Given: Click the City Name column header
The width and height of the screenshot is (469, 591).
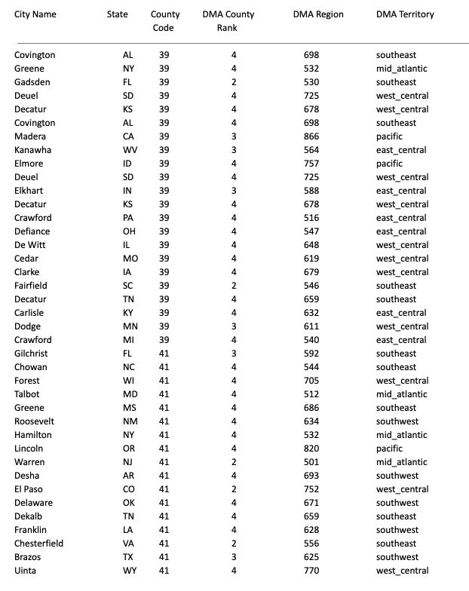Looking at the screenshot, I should [x=35, y=14].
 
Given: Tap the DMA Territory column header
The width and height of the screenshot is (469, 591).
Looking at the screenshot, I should [x=405, y=14].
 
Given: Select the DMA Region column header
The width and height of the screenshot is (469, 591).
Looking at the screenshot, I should [x=318, y=14].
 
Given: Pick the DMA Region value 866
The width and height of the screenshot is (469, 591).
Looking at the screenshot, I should [x=311, y=136].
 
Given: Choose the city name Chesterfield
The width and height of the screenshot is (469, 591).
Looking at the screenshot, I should [x=39, y=544].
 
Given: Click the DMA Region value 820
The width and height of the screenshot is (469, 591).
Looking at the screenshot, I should [x=311, y=449].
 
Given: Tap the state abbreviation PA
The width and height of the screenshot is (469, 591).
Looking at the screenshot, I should [x=128, y=218].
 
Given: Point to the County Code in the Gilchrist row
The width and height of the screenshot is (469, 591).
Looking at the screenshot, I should [x=164, y=354].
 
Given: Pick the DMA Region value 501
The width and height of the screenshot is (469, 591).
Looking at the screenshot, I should [x=311, y=462].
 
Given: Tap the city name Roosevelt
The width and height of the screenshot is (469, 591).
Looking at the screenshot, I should [x=34, y=421].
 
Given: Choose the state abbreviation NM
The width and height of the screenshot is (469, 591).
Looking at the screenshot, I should [x=128, y=421].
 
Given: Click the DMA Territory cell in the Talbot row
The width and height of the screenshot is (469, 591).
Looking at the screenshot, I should [x=401, y=394].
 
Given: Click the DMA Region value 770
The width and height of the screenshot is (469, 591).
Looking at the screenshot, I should [x=311, y=571].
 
